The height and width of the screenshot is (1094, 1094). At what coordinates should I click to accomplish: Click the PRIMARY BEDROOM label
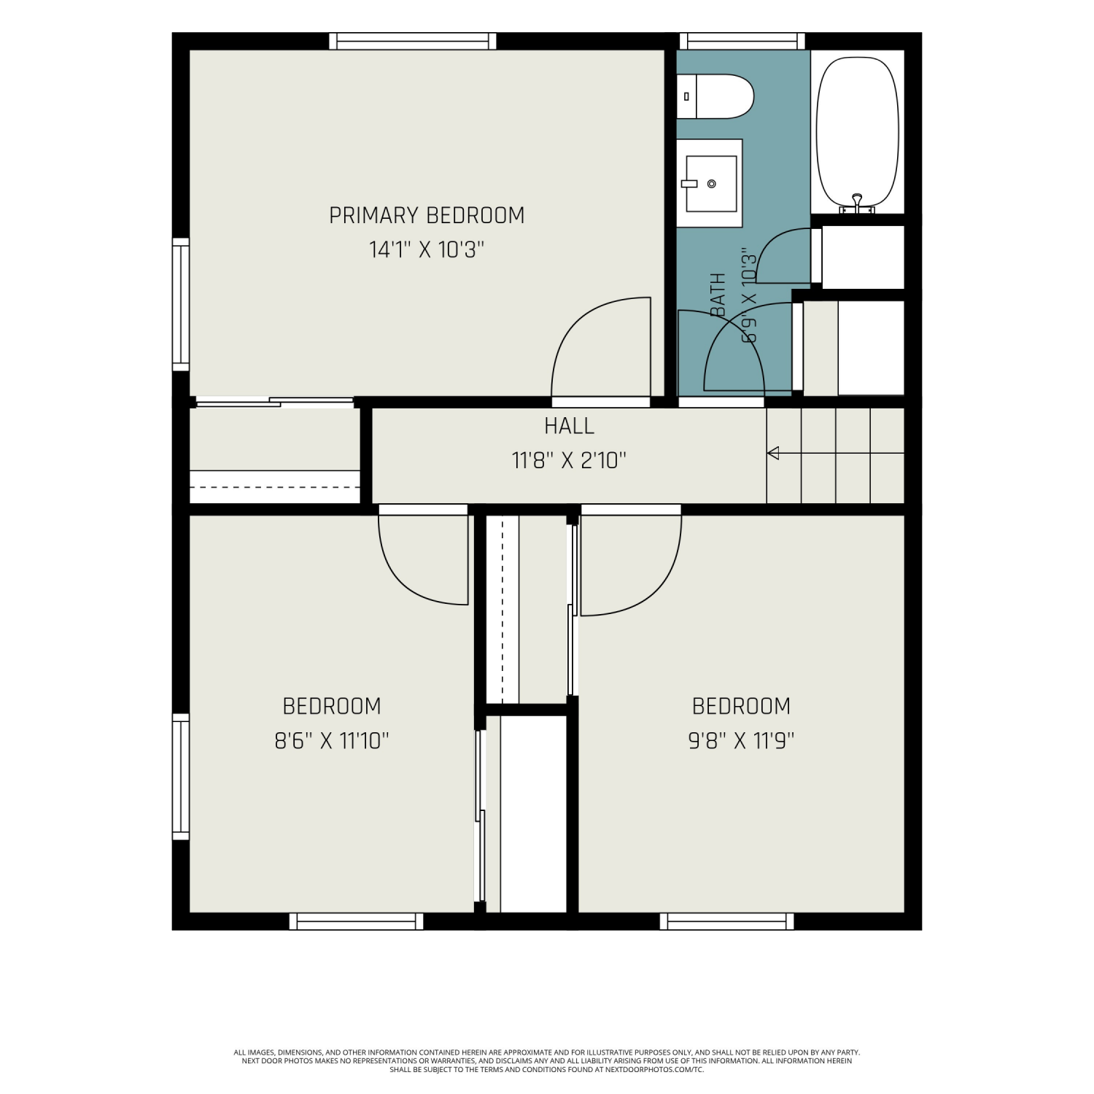pos(427,215)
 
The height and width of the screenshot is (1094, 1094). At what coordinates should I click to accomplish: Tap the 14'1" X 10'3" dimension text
pos(427,250)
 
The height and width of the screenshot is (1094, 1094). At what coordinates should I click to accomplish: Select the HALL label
pos(569,425)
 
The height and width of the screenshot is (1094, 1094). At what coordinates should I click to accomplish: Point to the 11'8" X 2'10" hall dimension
pos(569,460)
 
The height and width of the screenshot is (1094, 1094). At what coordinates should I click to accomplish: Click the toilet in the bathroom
pos(715,96)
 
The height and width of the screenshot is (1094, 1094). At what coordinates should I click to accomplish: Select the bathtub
pos(857,134)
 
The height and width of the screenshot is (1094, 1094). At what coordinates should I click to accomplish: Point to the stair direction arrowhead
pos(773,453)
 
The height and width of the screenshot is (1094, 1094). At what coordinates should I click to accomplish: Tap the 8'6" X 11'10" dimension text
pos(332,741)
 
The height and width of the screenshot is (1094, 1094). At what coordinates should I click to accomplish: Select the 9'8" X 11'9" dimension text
pos(741,741)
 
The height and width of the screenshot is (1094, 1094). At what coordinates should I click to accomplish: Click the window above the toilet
pos(742,41)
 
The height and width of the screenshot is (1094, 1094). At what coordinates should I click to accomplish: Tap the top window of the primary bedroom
pos(413,41)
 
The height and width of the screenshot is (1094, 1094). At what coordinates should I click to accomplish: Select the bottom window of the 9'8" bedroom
pos(727,921)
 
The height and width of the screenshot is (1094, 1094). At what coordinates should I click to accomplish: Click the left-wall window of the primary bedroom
pos(181,304)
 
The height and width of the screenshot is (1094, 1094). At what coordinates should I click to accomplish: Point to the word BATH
pos(718,295)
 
